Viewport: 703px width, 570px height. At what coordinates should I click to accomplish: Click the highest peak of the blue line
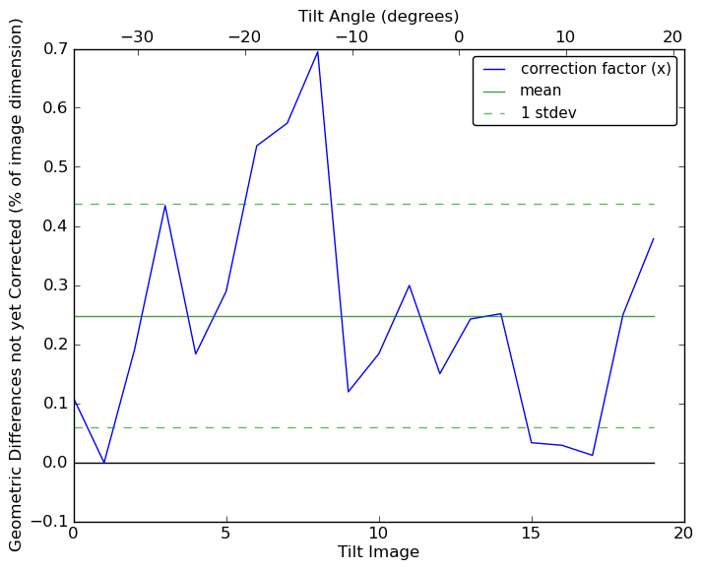pyautogui.click(x=317, y=51)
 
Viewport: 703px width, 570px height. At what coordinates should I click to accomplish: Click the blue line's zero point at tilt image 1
pyautogui.click(x=104, y=463)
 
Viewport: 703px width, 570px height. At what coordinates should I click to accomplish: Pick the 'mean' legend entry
pyautogui.click(x=541, y=91)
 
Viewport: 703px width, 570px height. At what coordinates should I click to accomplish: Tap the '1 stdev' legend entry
pyautogui.click(x=548, y=113)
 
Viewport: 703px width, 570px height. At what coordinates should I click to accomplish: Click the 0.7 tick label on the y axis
pyautogui.click(x=55, y=49)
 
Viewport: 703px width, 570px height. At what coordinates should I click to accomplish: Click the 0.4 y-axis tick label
pyautogui.click(x=55, y=226)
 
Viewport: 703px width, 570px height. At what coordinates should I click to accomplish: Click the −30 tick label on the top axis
pyautogui.click(x=137, y=36)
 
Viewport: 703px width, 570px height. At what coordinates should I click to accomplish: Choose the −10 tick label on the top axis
pyautogui.click(x=351, y=36)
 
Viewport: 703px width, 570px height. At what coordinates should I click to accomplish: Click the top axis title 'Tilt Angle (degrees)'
pyautogui.click(x=378, y=16)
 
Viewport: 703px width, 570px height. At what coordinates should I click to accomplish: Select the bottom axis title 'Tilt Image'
pyautogui.click(x=378, y=552)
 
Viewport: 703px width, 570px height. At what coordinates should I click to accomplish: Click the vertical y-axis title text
pyautogui.click(x=16, y=285)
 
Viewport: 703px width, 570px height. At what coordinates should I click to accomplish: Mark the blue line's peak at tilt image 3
pyautogui.click(x=165, y=205)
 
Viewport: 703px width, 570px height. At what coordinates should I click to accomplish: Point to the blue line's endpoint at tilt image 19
pyautogui.click(x=654, y=238)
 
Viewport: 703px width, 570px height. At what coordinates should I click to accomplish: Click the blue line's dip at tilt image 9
pyautogui.click(x=349, y=392)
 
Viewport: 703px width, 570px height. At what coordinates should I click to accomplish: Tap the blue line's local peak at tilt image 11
pyautogui.click(x=410, y=285)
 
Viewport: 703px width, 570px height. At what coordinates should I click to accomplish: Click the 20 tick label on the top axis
pyautogui.click(x=671, y=36)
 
